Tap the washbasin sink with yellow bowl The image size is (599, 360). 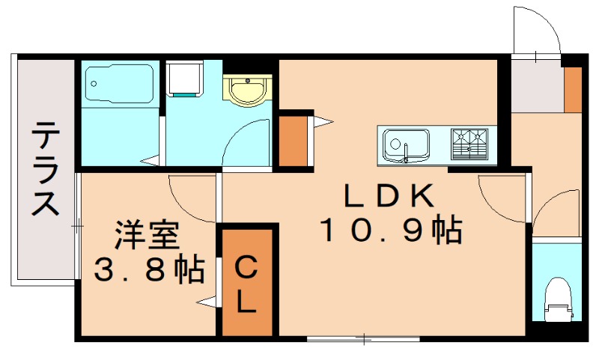[246, 91]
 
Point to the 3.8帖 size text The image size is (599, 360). [149, 269]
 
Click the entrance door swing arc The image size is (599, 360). [538, 30]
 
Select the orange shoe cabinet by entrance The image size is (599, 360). [573, 89]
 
